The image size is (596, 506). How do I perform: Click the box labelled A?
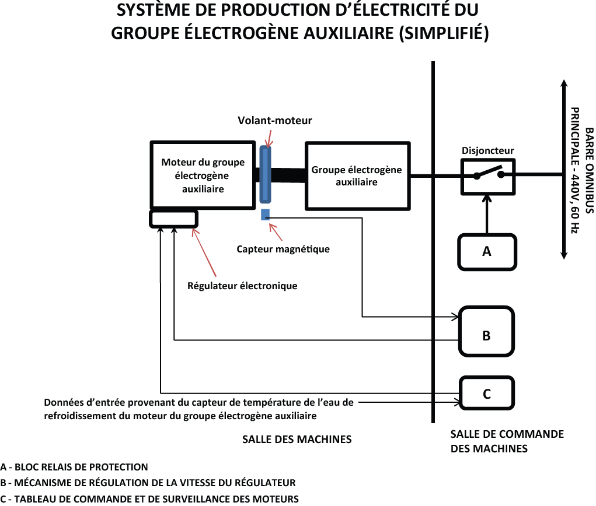point(487,252)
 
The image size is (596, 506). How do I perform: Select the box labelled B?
point(487,331)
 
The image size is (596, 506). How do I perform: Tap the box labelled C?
point(487,393)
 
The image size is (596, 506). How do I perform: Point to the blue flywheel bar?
point(266,174)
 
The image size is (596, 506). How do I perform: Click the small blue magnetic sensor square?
point(265,214)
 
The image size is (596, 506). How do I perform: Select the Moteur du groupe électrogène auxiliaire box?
point(202,174)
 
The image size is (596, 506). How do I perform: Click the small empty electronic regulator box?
point(173,219)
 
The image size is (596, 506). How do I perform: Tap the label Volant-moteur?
point(274,121)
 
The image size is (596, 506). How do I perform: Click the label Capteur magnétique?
point(283,249)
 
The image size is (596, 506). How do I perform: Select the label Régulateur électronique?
point(242,286)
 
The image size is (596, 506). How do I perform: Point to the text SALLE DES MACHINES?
point(297,439)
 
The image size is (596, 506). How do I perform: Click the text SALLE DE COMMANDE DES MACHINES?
point(507,441)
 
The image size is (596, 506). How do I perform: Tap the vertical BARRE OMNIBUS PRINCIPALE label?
point(582,170)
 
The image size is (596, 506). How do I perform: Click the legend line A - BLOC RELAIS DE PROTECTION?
point(74,467)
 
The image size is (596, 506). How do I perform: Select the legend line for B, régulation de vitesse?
point(148,483)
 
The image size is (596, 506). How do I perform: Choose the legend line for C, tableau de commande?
point(149,498)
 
